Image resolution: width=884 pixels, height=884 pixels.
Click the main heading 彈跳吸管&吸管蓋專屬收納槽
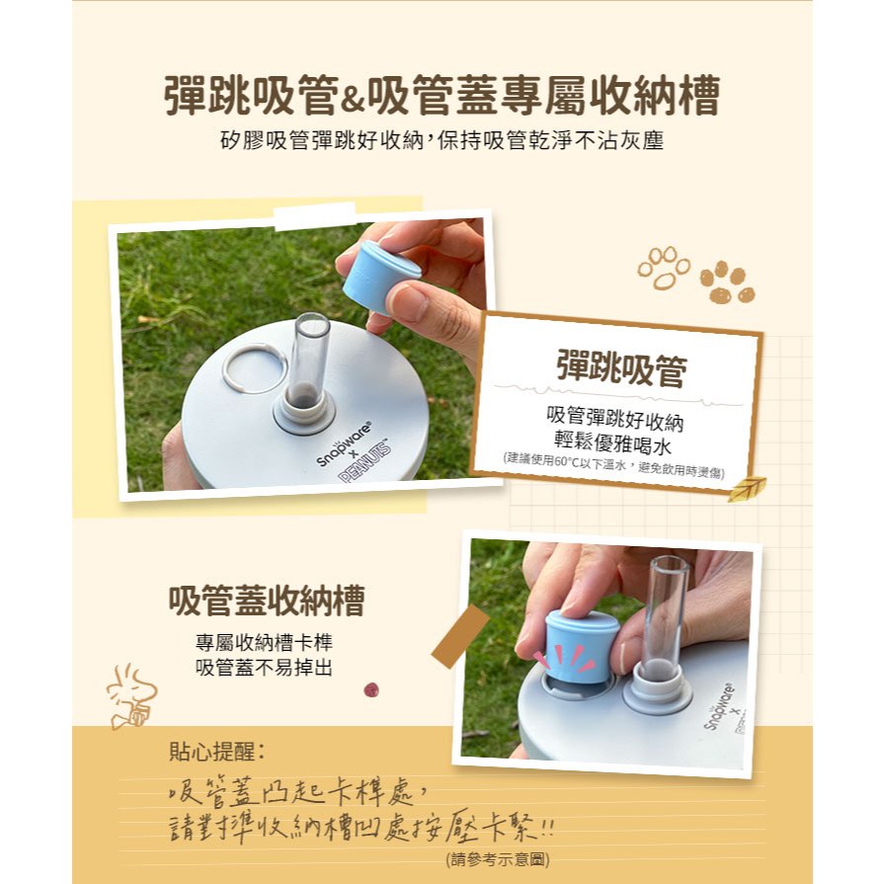[x=442, y=95]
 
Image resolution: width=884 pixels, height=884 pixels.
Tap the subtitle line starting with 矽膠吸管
[x=442, y=140]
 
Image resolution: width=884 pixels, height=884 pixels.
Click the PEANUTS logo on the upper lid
[x=365, y=460]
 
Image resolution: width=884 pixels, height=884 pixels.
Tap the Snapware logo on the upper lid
[x=345, y=442]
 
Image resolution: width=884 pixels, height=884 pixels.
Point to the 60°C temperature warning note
[x=614, y=467]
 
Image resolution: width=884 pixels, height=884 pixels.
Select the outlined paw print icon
[x=664, y=268]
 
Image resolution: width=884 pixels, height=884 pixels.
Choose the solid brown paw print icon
[x=727, y=281]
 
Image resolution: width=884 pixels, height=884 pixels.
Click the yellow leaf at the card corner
[x=746, y=488]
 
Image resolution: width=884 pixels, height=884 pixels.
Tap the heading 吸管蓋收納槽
[x=267, y=601]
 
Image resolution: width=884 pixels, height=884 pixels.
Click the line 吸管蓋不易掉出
[x=264, y=668]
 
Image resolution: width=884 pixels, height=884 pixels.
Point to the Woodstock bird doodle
[x=131, y=696]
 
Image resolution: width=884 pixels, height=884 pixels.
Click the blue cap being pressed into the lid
[x=578, y=647]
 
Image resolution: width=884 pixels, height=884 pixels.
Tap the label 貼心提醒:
[x=217, y=752]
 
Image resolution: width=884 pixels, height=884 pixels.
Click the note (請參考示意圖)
[x=497, y=859]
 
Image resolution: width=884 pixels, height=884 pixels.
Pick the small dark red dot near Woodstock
[x=371, y=689]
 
